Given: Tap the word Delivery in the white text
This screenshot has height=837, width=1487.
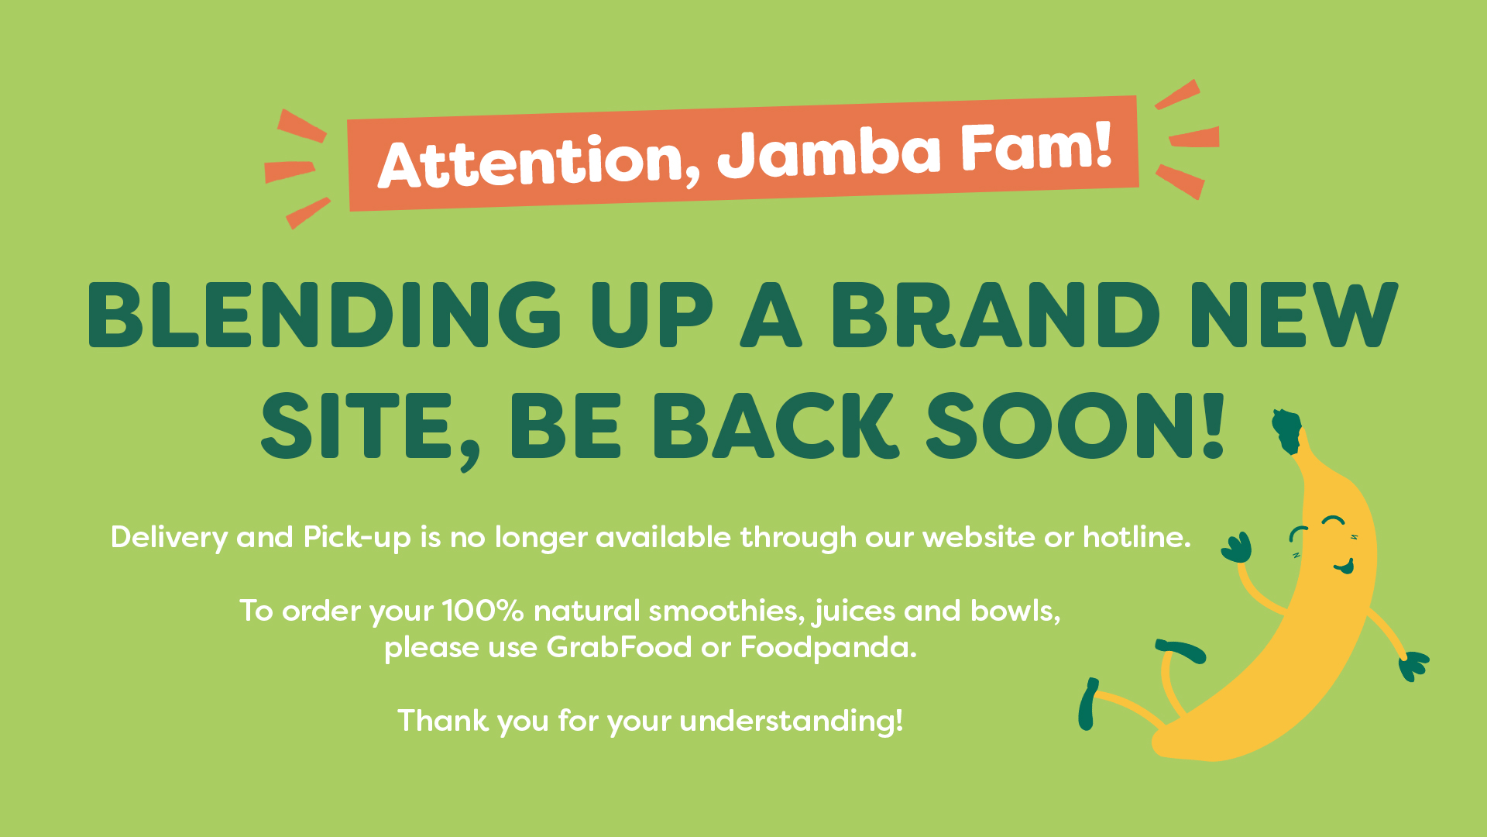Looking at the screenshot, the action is coord(169,538).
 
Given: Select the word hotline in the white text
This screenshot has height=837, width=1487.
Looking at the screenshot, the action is coord(1137,536).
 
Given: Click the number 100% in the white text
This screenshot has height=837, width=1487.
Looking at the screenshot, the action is coord(483,611).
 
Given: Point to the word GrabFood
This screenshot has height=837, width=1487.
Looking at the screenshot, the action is coord(619,646).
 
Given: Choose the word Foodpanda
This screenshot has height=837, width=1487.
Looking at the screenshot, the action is coord(829,647).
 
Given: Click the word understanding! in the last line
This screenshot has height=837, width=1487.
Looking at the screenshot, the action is coord(792,722).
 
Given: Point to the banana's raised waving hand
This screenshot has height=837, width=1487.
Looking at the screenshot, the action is coord(1237,547).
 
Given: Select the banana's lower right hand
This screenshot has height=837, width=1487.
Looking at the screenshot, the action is coord(1413,666).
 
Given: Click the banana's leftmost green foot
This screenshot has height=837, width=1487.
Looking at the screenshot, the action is coord(1087,704).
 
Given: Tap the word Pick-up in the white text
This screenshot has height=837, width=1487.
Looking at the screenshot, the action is coord(357,538).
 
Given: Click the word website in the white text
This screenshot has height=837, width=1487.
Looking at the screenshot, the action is coord(978,536).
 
